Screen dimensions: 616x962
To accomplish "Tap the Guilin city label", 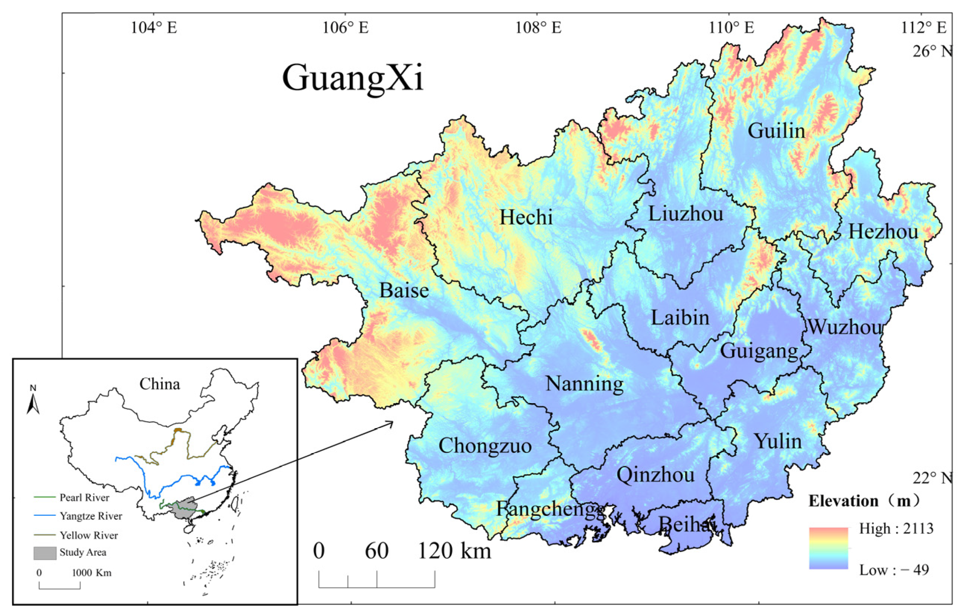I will pyautogui.click(x=776, y=131).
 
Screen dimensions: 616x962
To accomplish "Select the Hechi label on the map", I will pyautogui.click(x=526, y=217).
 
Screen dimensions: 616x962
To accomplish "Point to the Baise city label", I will pyautogui.click(x=404, y=290).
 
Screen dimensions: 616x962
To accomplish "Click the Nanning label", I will pyautogui.click(x=584, y=384).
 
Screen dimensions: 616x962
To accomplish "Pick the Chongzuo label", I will pyautogui.click(x=485, y=445).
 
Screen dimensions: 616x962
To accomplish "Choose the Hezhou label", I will pyautogui.click(x=883, y=232).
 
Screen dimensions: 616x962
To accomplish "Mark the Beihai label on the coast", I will pyautogui.click(x=686, y=524).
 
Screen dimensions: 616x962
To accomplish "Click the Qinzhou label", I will pyautogui.click(x=655, y=475).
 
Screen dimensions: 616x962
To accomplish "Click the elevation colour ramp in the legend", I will pyautogui.click(x=828, y=548).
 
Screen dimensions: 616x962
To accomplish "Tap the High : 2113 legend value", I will pyautogui.click(x=896, y=529).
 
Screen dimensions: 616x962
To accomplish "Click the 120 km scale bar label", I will pyautogui.click(x=454, y=551).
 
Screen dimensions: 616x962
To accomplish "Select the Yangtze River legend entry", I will pyautogui.click(x=91, y=516).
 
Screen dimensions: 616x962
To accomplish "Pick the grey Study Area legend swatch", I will pyautogui.click(x=44, y=553).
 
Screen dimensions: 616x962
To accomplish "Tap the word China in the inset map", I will pyautogui.click(x=159, y=384).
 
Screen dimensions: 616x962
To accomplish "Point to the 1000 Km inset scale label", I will pyautogui.click(x=91, y=573).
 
